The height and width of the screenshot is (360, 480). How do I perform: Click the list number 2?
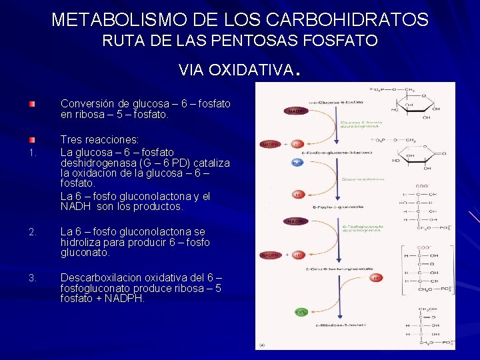pos(32,232)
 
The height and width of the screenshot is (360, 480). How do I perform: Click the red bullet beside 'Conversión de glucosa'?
pos(32,105)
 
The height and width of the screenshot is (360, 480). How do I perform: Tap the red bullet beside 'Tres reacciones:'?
pos(32,141)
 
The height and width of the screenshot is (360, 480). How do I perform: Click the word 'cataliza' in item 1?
pos(211,163)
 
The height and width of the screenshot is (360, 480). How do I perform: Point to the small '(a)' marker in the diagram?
pos(262,345)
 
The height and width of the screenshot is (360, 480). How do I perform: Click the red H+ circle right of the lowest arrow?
pos(377,278)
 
